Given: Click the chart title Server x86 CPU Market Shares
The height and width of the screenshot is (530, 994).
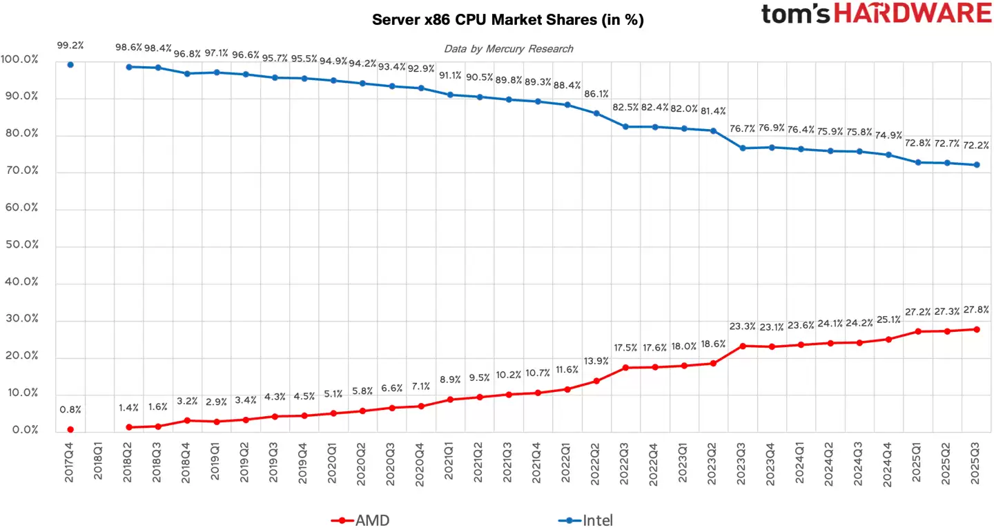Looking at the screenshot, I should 507,20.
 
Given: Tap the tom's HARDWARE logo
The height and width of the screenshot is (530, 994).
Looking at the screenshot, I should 876,14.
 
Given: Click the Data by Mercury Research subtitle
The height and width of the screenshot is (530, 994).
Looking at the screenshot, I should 508,48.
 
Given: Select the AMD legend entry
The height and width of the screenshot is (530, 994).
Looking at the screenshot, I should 361,520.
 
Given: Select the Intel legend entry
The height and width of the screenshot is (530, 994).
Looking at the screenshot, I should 585,520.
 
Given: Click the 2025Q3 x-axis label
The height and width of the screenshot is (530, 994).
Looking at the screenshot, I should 975,462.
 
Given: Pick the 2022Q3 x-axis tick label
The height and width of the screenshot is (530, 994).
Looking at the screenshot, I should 625,462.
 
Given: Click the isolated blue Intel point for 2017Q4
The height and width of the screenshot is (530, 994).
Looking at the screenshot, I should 70,65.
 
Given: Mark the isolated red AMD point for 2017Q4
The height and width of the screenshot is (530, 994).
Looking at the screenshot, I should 70,429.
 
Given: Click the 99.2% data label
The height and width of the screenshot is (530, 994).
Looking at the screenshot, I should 70,46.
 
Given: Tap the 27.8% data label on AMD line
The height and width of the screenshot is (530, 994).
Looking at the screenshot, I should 976,310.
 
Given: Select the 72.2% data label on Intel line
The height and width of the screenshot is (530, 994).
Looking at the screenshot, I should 976,146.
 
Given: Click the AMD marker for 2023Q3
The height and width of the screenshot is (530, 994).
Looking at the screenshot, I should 743,346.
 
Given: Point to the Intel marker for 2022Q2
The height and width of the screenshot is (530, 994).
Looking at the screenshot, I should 596,113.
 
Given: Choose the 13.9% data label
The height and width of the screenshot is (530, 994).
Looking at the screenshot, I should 596,362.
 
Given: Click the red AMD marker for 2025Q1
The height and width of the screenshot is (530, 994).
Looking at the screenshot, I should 917,331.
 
